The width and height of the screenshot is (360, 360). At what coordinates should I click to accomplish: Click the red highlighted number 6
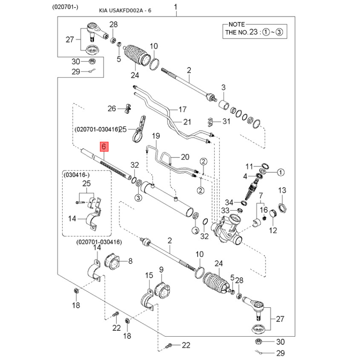tap(104, 147)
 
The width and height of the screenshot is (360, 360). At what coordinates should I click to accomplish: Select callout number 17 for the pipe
tap(182, 109)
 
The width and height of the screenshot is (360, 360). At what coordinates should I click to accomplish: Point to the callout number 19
tap(156, 136)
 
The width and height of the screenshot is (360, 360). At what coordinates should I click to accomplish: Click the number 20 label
tap(185, 157)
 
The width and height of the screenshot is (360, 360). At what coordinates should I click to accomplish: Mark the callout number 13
tap(282, 190)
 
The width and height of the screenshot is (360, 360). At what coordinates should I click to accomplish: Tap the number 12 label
tap(273, 230)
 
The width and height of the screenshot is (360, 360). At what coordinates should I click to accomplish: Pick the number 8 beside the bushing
tap(130, 261)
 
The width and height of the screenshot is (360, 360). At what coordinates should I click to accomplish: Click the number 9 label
tap(161, 270)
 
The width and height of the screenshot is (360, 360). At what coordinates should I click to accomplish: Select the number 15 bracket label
tap(149, 275)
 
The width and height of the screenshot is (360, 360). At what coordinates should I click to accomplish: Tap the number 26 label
tap(112, 108)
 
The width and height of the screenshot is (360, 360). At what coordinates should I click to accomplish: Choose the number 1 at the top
tap(176, 7)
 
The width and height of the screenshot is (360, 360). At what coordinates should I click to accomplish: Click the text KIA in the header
tap(104, 10)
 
